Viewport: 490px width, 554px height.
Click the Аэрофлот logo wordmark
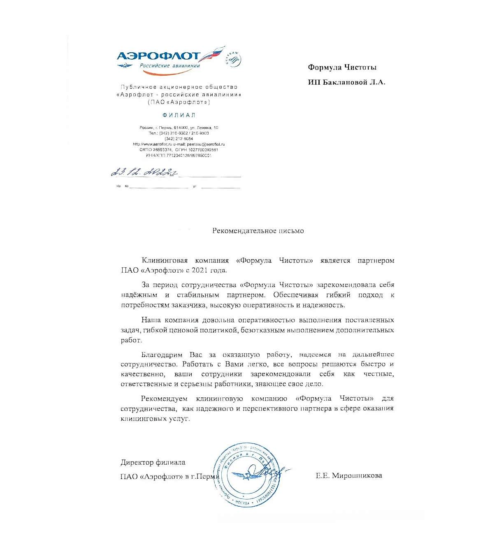pyautogui.click(x=158, y=56)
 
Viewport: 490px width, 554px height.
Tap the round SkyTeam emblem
pyautogui.click(x=233, y=59)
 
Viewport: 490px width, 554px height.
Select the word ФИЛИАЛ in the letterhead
pyautogui.click(x=179, y=115)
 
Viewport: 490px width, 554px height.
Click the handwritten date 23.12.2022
pyautogui.click(x=144, y=172)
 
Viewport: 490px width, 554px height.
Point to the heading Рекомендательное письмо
pyautogui.click(x=258, y=231)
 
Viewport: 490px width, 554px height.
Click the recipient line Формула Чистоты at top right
pyautogui.click(x=342, y=67)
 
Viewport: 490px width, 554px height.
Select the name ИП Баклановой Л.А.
pyautogui.click(x=346, y=82)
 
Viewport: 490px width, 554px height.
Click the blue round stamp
pyautogui.click(x=248, y=475)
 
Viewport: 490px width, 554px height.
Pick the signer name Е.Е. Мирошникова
pyautogui.click(x=348, y=475)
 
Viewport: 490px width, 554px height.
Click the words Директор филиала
pyautogui.click(x=153, y=462)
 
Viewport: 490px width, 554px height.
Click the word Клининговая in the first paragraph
pyautogui.click(x=165, y=260)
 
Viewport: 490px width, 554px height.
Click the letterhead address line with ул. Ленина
pyautogui.click(x=179, y=128)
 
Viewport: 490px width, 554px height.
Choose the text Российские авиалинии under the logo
pyautogui.click(x=170, y=66)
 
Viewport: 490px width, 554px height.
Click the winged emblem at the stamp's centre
pyautogui.click(x=248, y=475)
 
